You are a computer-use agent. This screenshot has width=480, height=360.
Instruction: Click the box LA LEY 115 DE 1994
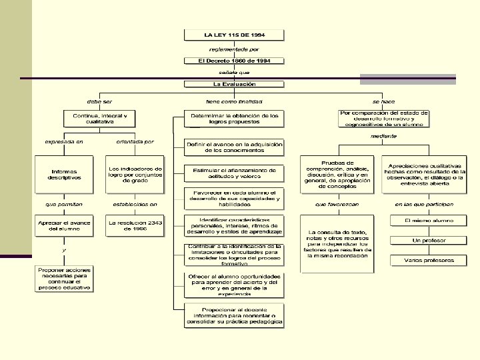(x=234, y=35)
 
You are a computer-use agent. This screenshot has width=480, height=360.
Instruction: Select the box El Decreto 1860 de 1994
(x=234, y=60)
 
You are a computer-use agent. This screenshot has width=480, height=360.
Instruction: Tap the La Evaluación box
(x=234, y=85)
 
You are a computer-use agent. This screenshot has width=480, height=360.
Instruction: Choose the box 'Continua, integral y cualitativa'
(x=99, y=119)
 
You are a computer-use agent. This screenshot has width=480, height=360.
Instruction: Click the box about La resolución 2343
(x=135, y=225)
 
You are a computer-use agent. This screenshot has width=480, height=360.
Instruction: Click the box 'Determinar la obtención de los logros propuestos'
(x=234, y=119)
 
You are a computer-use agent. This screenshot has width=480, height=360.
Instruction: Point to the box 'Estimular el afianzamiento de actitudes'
(x=234, y=174)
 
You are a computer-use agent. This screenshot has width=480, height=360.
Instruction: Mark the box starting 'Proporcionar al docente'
(x=234, y=315)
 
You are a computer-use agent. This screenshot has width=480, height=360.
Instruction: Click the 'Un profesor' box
(x=429, y=240)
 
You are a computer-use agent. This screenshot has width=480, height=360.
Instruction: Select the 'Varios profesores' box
(x=429, y=260)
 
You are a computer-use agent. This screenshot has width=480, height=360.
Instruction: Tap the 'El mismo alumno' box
(x=429, y=220)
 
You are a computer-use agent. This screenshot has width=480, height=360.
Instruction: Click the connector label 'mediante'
(x=384, y=136)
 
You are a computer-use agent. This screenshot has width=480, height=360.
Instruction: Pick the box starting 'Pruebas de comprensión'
(x=337, y=173)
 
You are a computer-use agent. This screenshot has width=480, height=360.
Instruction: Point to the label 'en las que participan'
(x=424, y=204)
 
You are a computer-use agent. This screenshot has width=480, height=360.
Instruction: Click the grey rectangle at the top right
(x=407, y=79)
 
